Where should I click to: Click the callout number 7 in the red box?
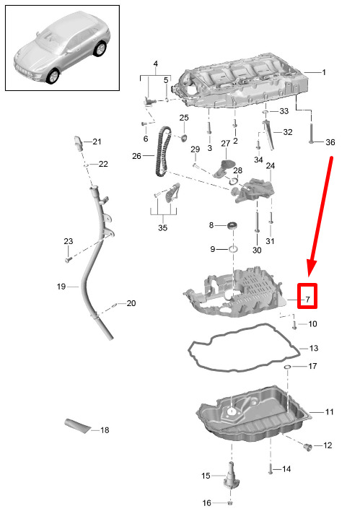pyautogui.click(x=308, y=300)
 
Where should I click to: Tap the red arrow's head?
pyautogui.click(x=311, y=269)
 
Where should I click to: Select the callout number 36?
pyautogui.click(x=330, y=142)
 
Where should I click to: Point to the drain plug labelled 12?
pyautogui.click(x=308, y=447)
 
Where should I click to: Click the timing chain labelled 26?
pyautogui.click(x=162, y=152)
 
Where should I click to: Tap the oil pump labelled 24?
pyautogui.click(x=253, y=189)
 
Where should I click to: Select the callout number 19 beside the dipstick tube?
pyautogui.click(x=61, y=287)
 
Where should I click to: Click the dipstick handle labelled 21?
pyautogui.click(x=79, y=144)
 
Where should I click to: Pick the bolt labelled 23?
pyautogui.click(x=68, y=260)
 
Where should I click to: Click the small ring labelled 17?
pyautogui.click(x=287, y=367)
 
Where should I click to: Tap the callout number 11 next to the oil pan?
pyautogui.click(x=329, y=412)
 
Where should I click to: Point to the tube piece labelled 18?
pyautogui.click(x=77, y=426)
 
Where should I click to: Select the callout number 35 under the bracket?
pyautogui.click(x=163, y=227)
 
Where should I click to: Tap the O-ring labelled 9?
pyautogui.click(x=232, y=249)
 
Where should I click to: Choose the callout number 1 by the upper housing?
pyautogui.click(x=324, y=72)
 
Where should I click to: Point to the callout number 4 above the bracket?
pyautogui.click(x=156, y=64)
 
